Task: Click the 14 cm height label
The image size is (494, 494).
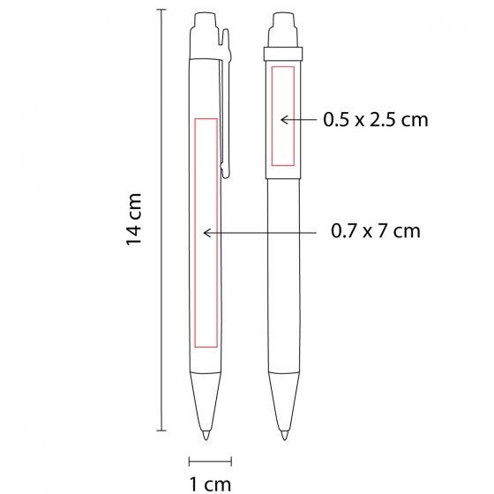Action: pos(133,220)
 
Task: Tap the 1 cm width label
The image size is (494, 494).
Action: pos(210,484)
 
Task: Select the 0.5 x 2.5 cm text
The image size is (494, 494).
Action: pos(376,120)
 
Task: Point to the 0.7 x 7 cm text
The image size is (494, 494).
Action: pos(376,231)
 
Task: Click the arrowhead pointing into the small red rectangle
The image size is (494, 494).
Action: pos(283,120)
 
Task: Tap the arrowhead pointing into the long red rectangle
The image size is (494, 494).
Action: pos(206,233)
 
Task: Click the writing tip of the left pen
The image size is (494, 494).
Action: pos(206,435)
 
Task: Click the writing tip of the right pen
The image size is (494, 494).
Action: pos(284,435)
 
